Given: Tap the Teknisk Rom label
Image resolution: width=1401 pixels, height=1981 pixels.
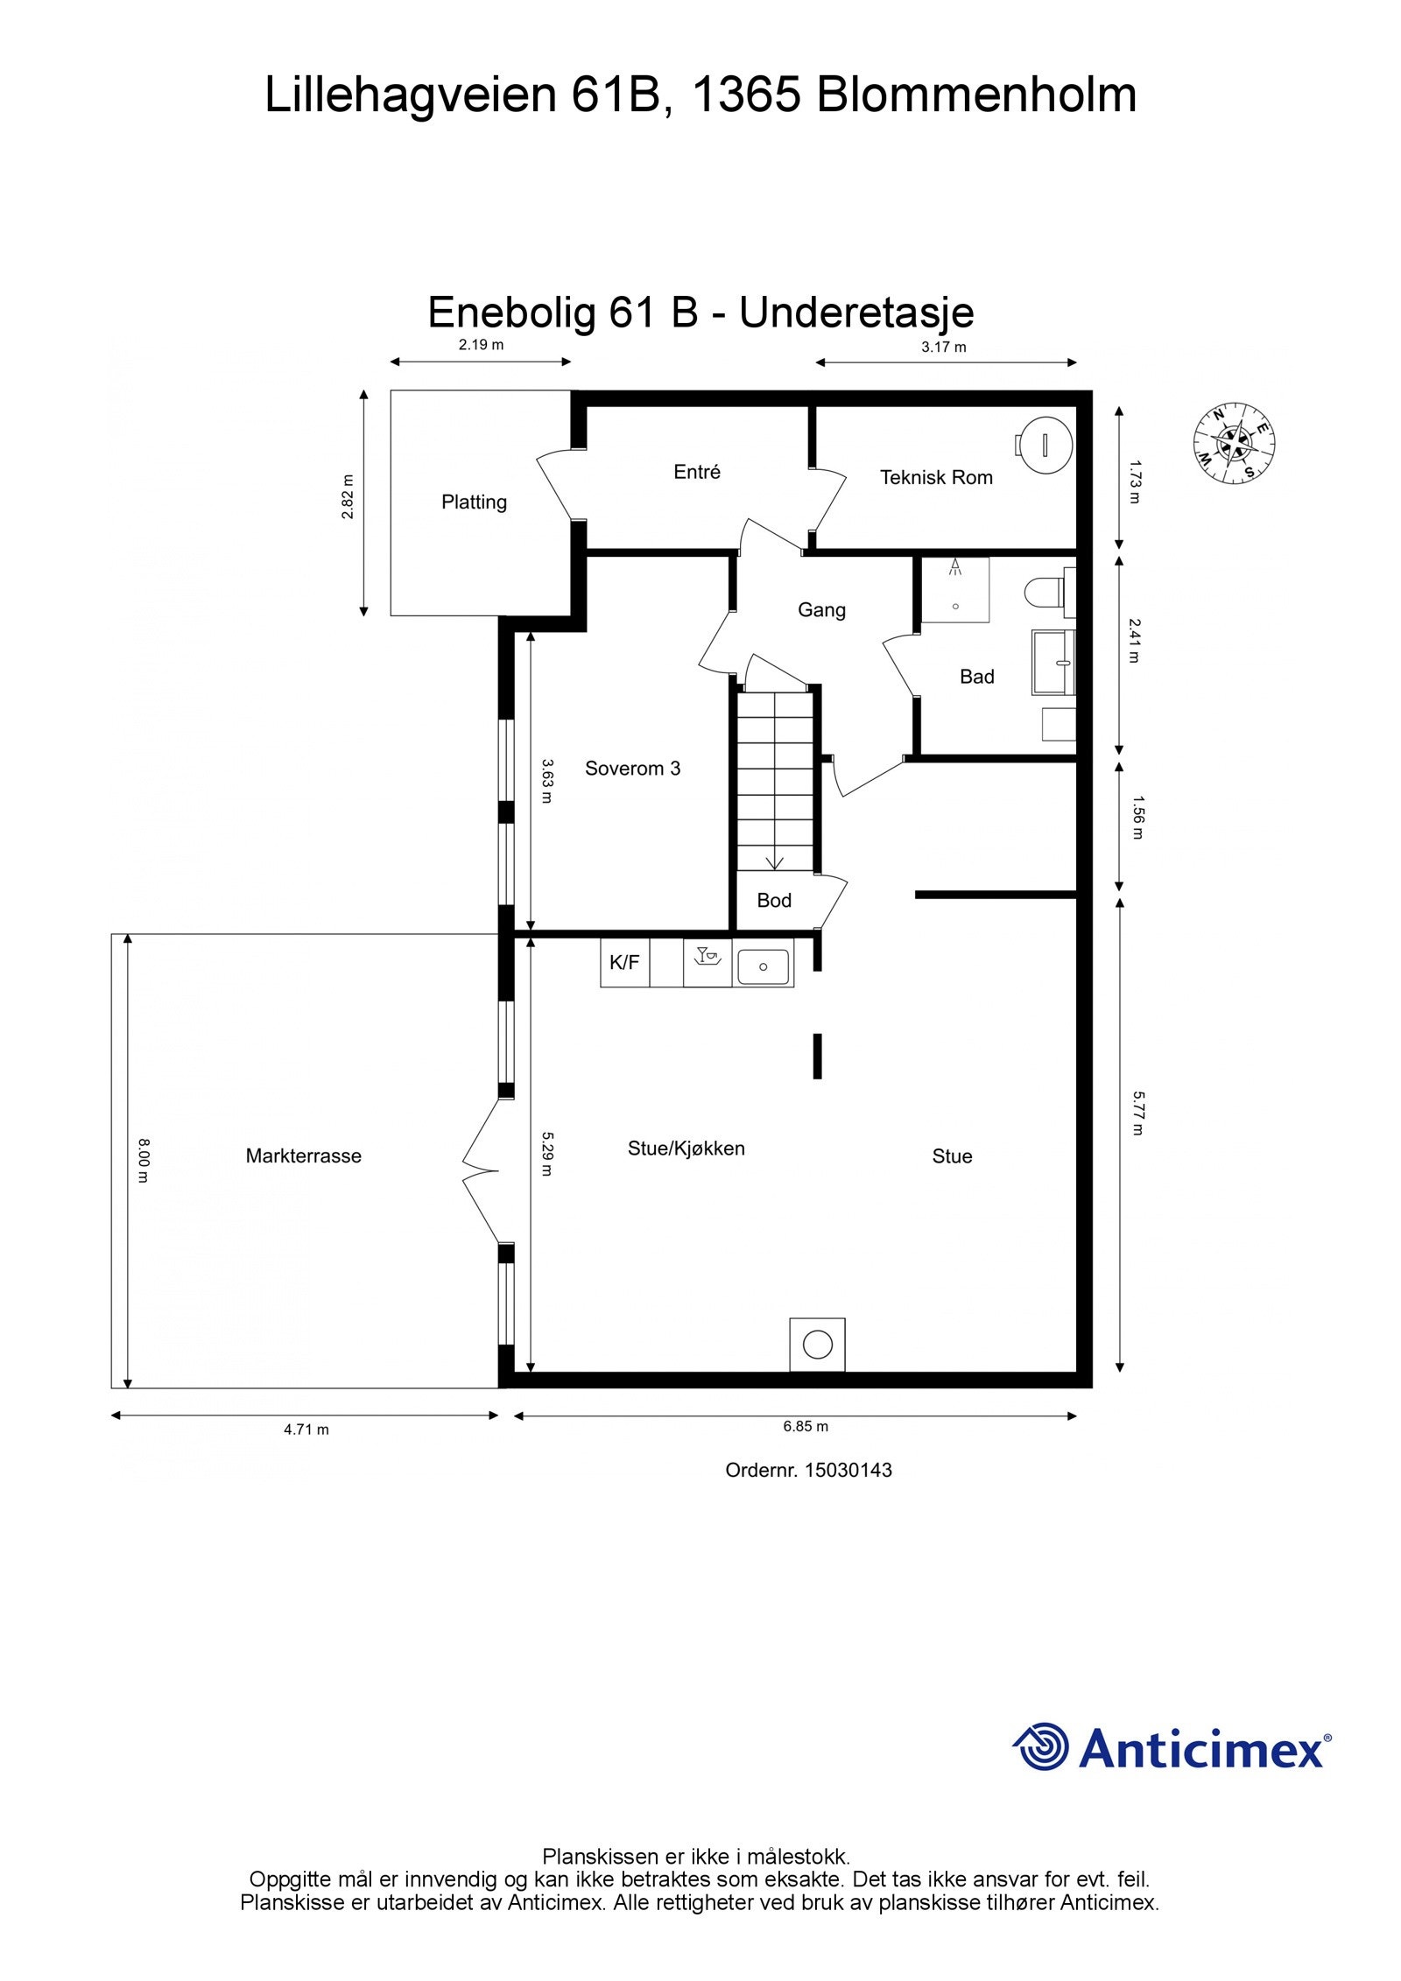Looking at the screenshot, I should click(x=935, y=478).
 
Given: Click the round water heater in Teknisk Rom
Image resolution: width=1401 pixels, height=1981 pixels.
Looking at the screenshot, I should click(x=1045, y=445).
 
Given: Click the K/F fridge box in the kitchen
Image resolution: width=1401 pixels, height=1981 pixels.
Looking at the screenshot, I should click(x=624, y=963).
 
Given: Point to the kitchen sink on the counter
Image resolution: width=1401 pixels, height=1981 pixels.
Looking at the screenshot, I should click(x=763, y=966).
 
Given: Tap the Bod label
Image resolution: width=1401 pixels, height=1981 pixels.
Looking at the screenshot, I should click(x=774, y=901).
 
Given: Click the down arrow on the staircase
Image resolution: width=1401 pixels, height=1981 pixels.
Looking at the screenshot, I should click(x=775, y=861).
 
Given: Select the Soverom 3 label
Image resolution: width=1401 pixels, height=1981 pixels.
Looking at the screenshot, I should click(x=632, y=769).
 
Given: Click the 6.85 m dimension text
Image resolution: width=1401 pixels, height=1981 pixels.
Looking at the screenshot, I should click(x=806, y=1427).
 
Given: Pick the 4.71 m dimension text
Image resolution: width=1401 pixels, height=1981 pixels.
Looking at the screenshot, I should click(x=306, y=1430).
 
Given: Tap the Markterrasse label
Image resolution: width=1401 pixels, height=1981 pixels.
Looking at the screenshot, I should click(x=303, y=1156).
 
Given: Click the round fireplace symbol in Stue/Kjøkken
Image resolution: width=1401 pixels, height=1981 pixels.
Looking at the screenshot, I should click(x=817, y=1345).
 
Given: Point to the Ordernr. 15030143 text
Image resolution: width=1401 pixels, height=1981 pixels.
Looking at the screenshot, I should click(x=808, y=1471).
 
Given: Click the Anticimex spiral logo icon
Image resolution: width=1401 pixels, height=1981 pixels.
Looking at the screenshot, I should click(x=1041, y=1747).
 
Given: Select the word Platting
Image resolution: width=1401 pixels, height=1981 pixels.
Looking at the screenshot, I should click(x=474, y=502).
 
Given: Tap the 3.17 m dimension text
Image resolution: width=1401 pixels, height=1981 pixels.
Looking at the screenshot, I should click(x=943, y=348).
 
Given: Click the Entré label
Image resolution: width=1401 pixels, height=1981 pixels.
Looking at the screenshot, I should click(x=697, y=473).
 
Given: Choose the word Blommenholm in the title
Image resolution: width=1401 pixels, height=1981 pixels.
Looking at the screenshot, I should click(x=975, y=95).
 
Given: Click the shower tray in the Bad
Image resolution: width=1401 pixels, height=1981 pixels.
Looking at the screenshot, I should click(x=955, y=590).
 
